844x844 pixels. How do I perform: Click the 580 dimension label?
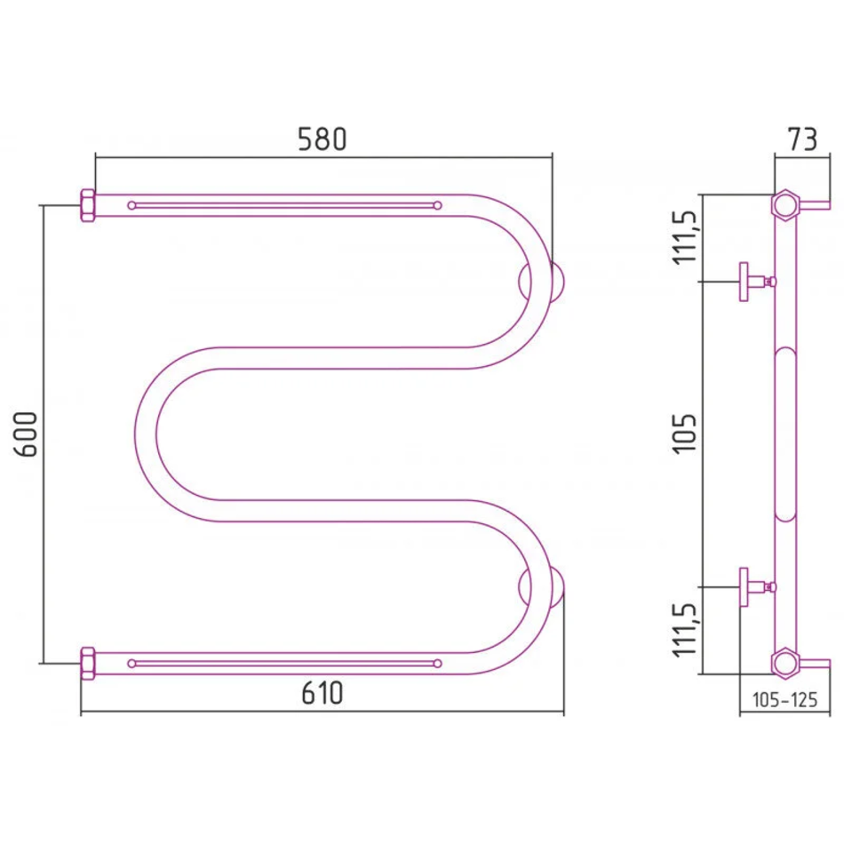click(322, 139)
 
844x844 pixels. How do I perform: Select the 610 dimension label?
click(322, 693)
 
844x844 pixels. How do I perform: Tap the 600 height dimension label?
click(26, 434)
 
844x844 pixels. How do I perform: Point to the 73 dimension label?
click(802, 139)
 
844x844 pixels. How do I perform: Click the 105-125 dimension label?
click(784, 700)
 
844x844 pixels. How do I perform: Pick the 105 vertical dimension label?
click(685, 434)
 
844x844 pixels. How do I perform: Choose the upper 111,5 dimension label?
click(685, 237)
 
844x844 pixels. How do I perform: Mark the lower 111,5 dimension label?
click(685, 630)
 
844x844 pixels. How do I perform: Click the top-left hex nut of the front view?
click(88, 205)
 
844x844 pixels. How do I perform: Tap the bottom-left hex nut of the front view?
click(88, 663)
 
